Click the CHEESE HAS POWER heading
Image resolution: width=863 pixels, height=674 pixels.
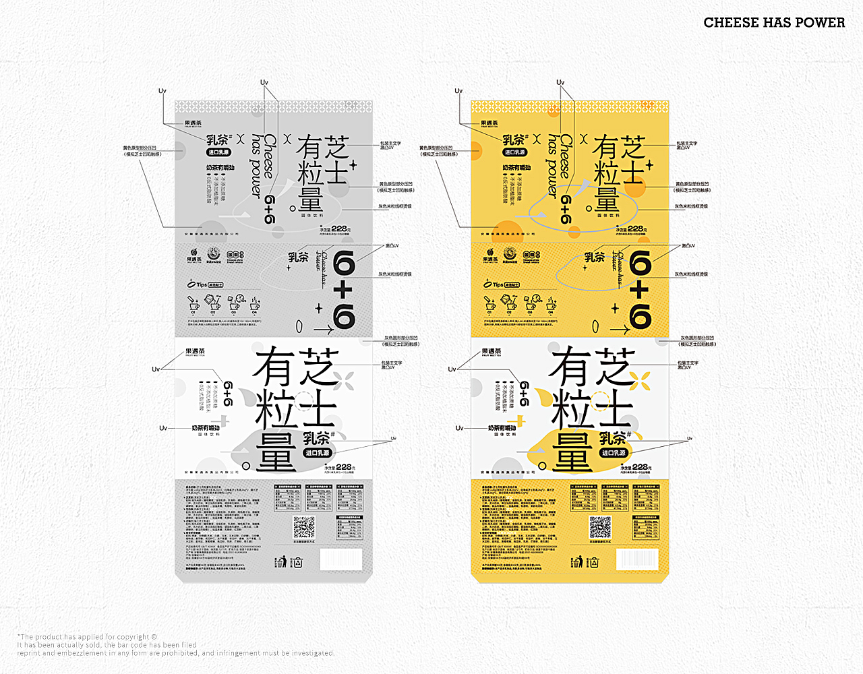point(774,22)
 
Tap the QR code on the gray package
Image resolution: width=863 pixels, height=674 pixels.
point(304,527)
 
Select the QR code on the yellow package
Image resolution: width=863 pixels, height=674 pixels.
point(600,527)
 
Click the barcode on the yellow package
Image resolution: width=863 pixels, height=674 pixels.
point(637,559)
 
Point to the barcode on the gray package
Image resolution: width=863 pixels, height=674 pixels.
point(340,559)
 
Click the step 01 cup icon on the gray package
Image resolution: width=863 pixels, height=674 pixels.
point(194,304)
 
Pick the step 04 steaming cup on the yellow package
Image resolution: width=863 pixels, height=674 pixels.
point(552,304)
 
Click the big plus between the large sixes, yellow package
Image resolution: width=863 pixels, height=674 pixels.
point(639,290)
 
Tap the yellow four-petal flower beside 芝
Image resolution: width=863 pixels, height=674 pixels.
point(642,381)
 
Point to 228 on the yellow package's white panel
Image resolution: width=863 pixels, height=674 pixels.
point(641,466)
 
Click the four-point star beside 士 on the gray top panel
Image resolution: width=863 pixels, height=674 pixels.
point(353,164)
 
